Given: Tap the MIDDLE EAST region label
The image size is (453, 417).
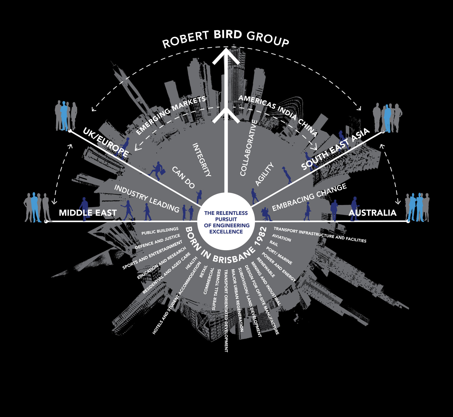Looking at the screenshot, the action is coord(88,213).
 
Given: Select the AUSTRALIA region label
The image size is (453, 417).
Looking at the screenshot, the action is coord(372,213).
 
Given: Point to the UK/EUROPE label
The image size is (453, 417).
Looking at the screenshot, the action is coord(106,143).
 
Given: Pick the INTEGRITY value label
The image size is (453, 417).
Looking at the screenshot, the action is coord(202,160).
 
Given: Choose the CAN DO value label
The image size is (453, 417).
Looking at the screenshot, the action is coord(183,177).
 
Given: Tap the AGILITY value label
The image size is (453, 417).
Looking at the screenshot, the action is coord(264,174).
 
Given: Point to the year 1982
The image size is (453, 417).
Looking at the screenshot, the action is coord(261,236).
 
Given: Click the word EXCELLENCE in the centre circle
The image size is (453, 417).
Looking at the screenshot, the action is coord(226,232).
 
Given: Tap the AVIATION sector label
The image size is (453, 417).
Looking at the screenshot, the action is coord(282,238).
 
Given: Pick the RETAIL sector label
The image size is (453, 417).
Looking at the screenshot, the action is coord(203,272).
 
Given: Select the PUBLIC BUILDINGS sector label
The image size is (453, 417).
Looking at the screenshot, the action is coord(160,231).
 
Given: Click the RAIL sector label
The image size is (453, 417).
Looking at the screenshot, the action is coord(274,243).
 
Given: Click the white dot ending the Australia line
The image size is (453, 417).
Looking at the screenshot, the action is coord(408,221).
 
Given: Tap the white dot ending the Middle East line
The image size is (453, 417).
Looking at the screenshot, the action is coord(46,221).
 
